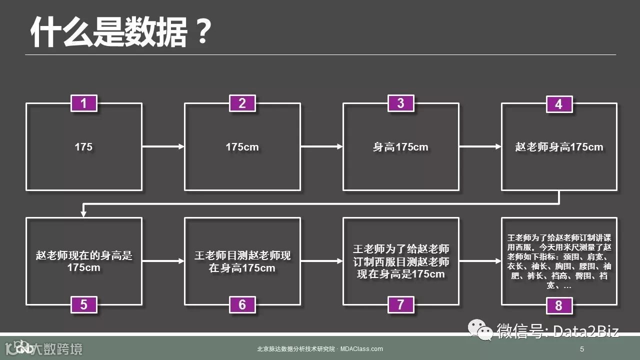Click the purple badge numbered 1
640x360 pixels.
[83, 103]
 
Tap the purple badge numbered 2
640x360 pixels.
[242, 103]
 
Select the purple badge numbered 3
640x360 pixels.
[400, 103]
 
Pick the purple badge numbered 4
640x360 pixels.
[558, 104]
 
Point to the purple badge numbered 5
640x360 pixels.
[83, 304]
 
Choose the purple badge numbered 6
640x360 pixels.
[242, 304]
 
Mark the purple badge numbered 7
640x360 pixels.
[400, 304]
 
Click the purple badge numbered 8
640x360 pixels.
[558, 305]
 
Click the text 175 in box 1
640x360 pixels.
[83, 147]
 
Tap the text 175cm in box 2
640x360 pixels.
[242, 147]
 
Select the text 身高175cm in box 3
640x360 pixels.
[400, 147]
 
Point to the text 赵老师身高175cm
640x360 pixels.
[559, 147]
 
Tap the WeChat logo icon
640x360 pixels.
[479, 330]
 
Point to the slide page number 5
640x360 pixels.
[582, 348]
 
